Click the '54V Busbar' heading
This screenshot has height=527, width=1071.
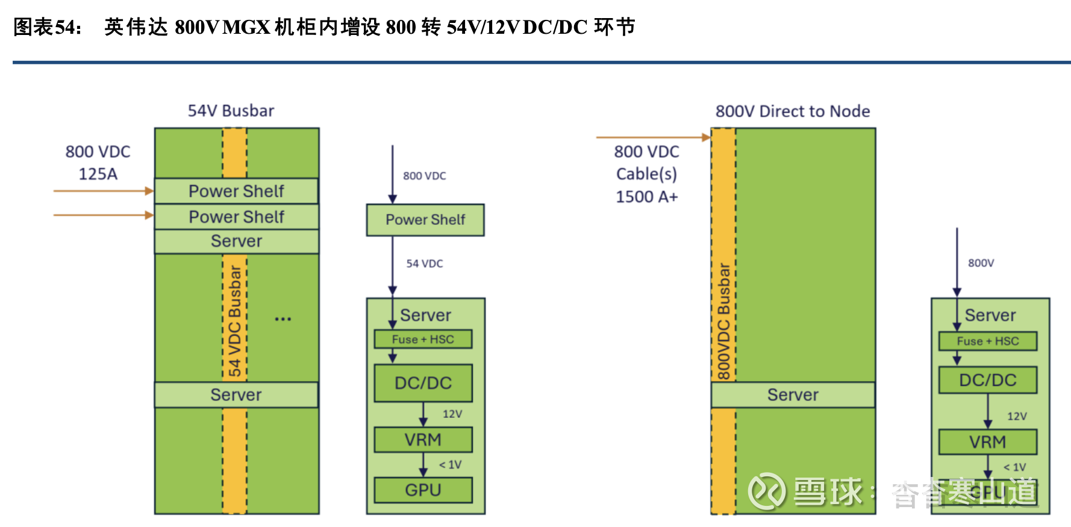coord(231,111)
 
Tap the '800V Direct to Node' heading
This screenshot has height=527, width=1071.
coord(792,112)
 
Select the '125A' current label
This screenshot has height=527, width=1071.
coord(98,174)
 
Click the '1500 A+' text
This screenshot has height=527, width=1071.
coord(646,197)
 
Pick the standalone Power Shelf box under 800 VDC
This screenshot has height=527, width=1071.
coord(425,220)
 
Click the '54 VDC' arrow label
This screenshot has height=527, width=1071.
coord(424,263)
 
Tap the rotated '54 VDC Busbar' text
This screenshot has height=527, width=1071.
coord(235,320)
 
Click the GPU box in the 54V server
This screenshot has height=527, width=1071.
coord(423,490)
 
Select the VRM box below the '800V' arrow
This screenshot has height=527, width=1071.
coord(987,442)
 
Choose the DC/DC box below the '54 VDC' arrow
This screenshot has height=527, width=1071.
coord(423,383)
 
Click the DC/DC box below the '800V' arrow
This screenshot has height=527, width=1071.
coord(987,380)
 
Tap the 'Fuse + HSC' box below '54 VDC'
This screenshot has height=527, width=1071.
coord(423,339)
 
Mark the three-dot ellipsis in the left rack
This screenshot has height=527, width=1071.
coord(283,319)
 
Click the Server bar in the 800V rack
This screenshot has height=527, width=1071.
coord(793,395)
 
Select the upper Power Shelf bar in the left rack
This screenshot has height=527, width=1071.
coord(236,191)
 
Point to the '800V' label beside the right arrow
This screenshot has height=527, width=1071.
coord(981,263)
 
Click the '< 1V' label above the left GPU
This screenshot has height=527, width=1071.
coord(450,465)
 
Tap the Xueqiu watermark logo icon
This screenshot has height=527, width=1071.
coord(766,491)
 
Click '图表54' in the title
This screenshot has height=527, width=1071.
coord(47,27)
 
